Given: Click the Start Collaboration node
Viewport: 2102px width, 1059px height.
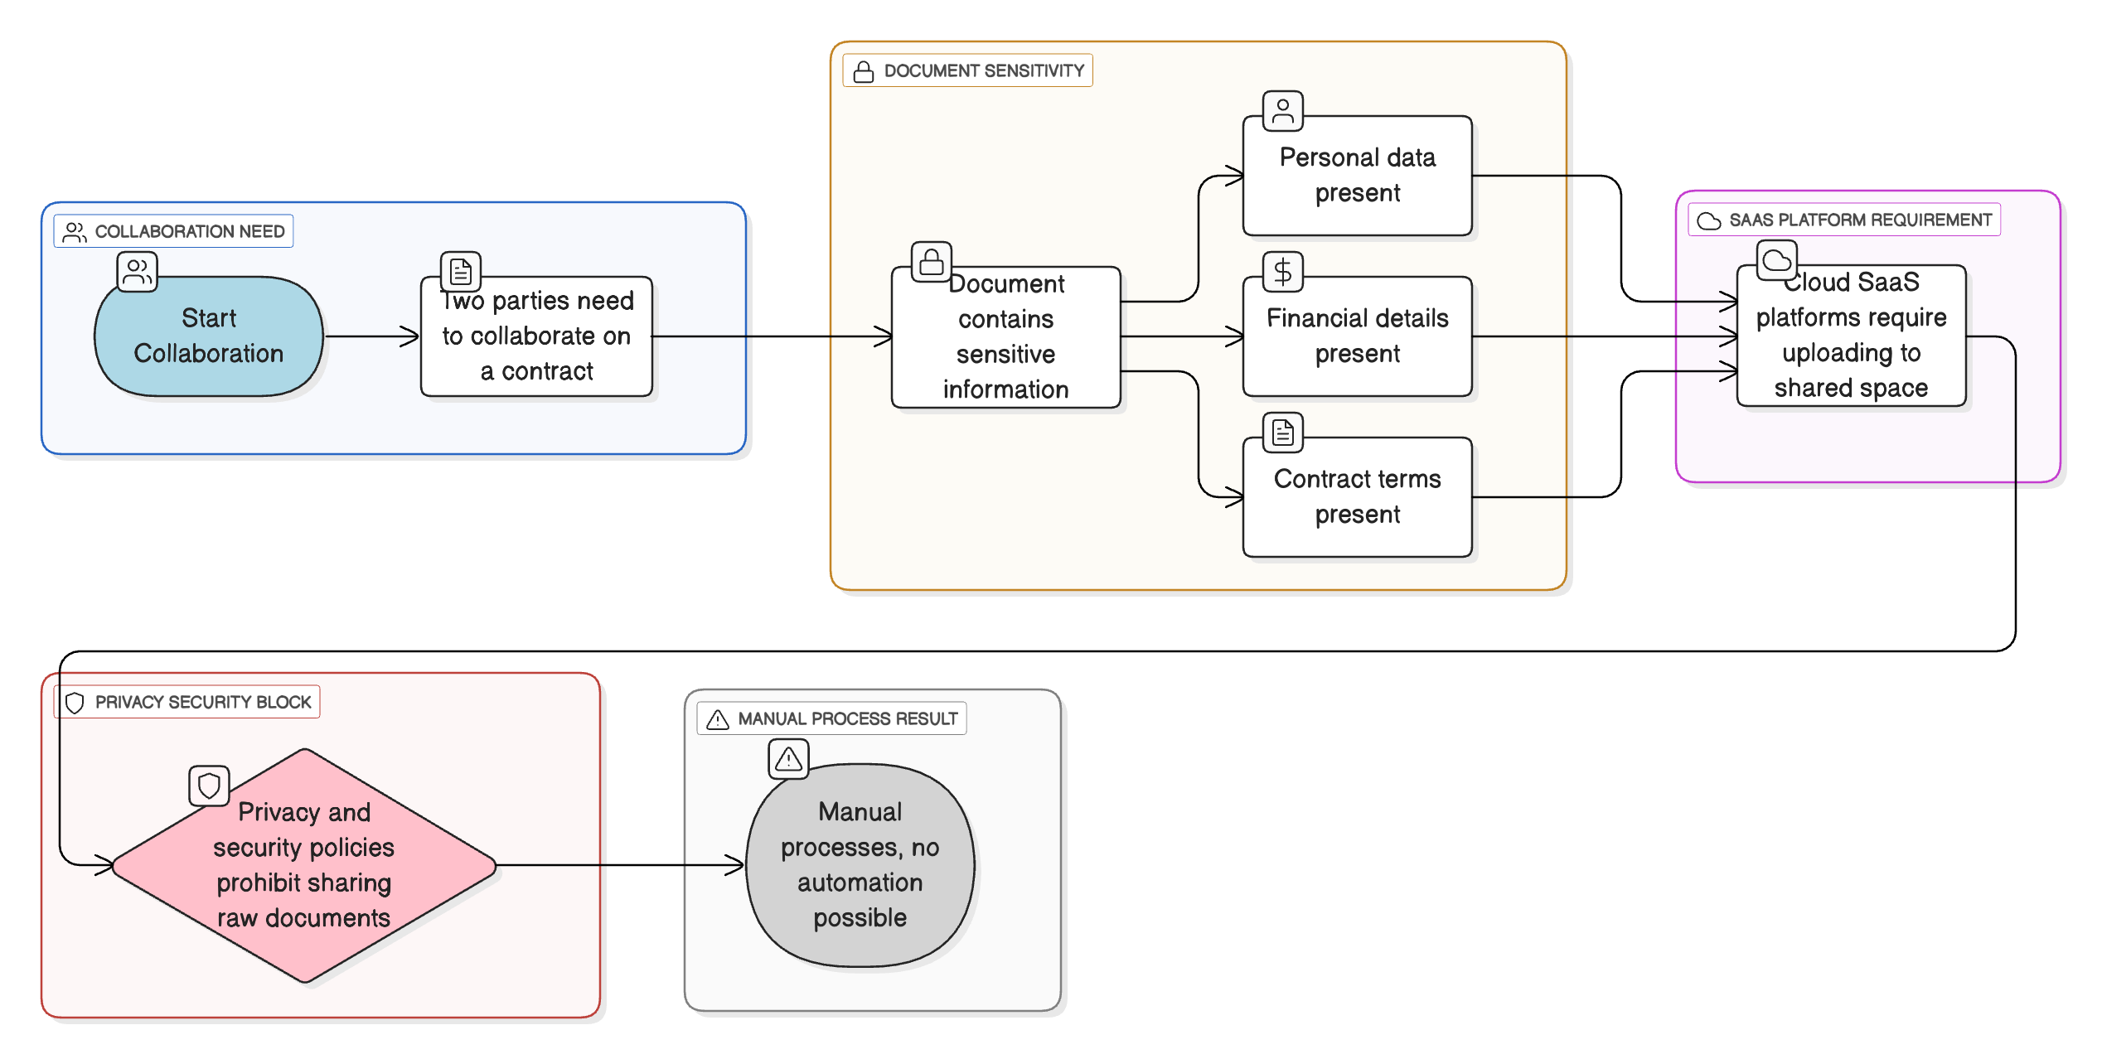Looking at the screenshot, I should click(209, 336).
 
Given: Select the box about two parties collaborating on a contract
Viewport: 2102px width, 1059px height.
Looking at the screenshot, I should click(536, 336).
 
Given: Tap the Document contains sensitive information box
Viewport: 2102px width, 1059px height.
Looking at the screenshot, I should click(1005, 337).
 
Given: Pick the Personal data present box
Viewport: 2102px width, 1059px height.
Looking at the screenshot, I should click(1357, 176).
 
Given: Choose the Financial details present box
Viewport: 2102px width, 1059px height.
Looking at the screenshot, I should click(1357, 336).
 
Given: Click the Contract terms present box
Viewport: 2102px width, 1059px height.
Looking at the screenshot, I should click(1357, 496).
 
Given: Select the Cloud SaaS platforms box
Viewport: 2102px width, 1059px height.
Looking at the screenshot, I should click(1850, 336).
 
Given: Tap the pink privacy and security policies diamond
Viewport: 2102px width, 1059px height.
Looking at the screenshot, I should click(304, 865).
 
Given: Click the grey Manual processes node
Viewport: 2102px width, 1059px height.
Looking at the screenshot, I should click(860, 865).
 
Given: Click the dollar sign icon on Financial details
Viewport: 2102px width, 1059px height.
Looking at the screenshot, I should click(1282, 272).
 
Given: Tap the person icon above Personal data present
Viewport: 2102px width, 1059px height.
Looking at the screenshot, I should click(1282, 111).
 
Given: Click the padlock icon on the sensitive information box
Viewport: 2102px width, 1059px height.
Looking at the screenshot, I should click(931, 262).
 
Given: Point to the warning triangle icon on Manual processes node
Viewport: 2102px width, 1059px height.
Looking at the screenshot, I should click(788, 758).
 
